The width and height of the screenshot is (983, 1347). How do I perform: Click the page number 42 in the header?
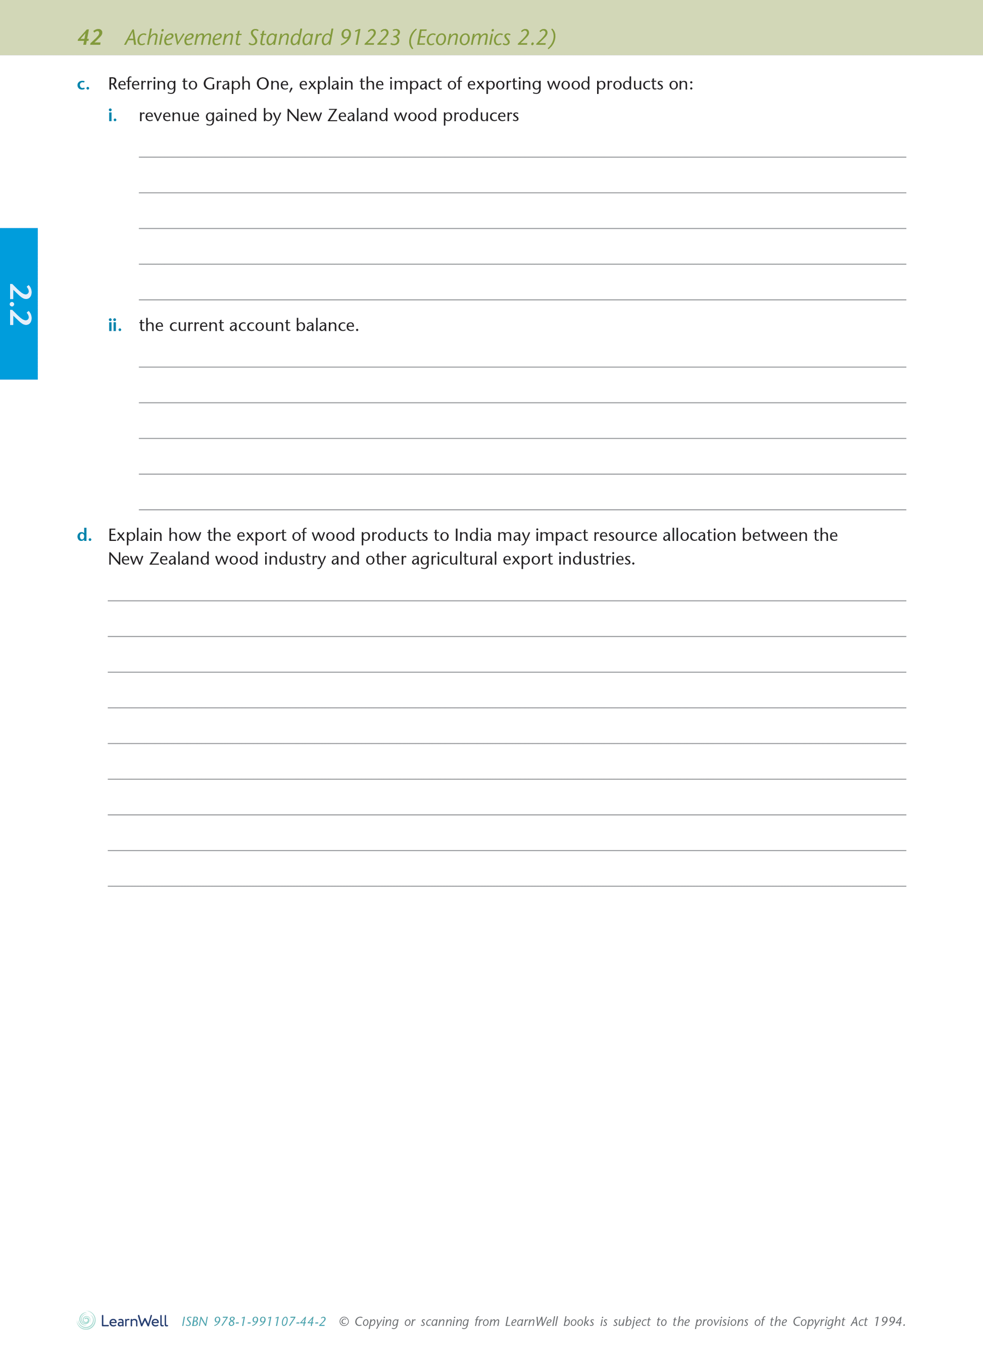click(x=90, y=37)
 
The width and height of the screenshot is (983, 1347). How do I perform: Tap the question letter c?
click(x=83, y=84)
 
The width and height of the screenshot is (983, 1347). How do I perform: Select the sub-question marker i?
click(x=112, y=116)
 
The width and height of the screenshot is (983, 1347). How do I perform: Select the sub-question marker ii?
click(x=115, y=325)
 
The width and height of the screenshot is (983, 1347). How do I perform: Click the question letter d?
click(x=84, y=535)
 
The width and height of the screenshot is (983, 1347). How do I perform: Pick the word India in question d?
click(x=473, y=535)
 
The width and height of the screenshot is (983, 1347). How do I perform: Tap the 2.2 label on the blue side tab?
click(x=19, y=305)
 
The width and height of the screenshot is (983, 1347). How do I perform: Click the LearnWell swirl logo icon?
click(x=86, y=1321)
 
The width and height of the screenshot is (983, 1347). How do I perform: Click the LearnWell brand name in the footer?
click(x=134, y=1321)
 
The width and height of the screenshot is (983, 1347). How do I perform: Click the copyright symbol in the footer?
click(x=344, y=1321)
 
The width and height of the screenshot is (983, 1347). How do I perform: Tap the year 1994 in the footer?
click(x=889, y=1321)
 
